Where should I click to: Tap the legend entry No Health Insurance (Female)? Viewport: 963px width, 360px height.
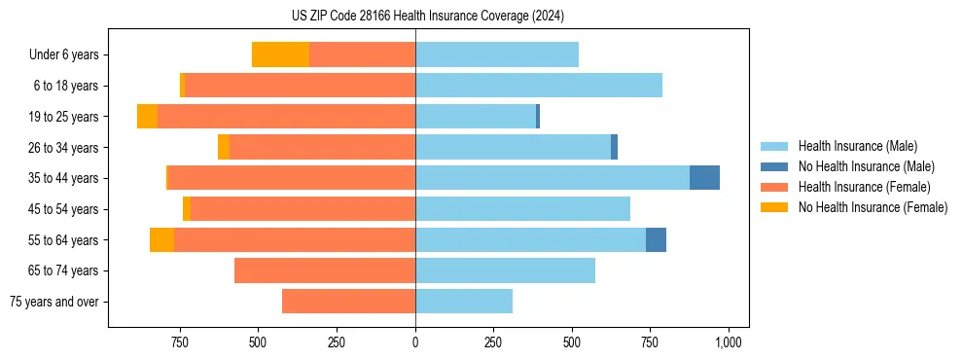coord(873,207)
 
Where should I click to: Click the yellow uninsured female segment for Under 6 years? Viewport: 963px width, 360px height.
coord(280,54)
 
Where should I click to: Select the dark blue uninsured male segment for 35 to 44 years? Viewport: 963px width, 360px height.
coord(704,178)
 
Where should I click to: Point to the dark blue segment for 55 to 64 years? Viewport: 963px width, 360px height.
coord(656,239)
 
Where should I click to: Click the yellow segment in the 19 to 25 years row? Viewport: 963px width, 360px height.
coord(147,117)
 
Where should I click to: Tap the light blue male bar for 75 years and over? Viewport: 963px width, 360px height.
coord(464,302)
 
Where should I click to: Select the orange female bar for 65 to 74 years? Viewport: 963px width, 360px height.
coord(325,270)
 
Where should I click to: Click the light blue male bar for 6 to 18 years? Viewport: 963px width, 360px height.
coord(539,86)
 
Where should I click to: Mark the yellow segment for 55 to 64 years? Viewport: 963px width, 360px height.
coord(161,239)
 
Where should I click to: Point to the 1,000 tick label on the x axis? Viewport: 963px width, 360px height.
coord(729,342)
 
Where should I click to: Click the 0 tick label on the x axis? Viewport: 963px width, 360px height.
coord(415,342)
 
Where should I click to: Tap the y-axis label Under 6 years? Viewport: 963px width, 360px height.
coord(63,55)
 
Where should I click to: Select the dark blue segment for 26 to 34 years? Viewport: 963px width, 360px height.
coord(614,147)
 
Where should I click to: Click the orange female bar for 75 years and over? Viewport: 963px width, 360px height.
coord(348,302)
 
